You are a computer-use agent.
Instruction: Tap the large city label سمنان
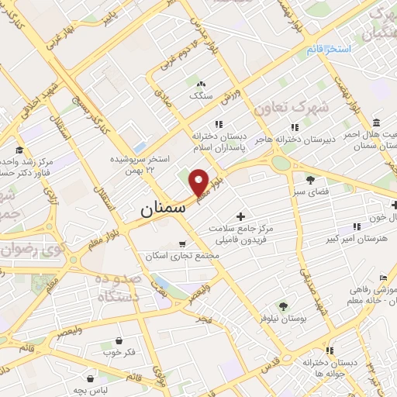(163, 209)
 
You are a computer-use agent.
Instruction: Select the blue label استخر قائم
(329, 50)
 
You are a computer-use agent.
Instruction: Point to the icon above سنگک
(200, 84)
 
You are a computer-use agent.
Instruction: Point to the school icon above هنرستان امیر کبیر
(357, 226)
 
